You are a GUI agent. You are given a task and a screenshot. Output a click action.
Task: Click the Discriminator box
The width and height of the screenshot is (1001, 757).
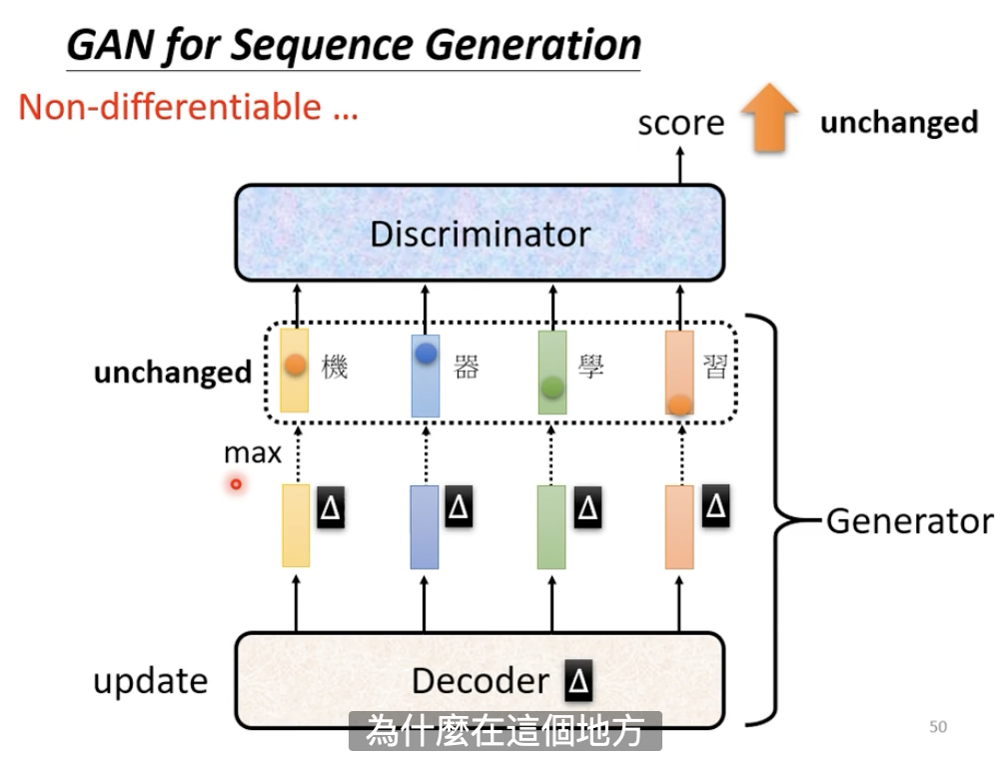(x=480, y=233)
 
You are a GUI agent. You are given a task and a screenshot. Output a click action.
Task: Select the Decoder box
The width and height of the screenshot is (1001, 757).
(x=480, y=680)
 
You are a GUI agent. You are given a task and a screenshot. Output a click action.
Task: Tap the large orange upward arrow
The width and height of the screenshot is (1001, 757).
(x=769, y=118)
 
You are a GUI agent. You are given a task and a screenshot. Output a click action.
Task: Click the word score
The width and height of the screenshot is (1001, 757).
(x=681, y=123)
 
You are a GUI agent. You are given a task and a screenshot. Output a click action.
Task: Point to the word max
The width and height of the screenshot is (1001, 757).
(x=253, y=453)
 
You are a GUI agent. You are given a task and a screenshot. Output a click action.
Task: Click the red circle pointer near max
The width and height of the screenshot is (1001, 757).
(x=236, y=484)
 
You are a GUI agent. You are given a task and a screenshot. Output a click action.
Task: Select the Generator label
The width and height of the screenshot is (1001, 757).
(x=910, y=521)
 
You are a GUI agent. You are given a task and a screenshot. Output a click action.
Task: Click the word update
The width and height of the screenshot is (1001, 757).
(x=151, y=682)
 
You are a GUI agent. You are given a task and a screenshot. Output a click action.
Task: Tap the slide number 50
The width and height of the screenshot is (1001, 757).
(x=938, y=726)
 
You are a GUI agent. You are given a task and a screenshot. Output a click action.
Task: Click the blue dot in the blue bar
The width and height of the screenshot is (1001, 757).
(x=426, y=353)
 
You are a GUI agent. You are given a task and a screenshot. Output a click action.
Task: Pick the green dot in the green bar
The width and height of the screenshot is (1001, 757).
(x=552, y=386)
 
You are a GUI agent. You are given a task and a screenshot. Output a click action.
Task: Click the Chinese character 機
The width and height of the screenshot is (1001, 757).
(x=335, y=367)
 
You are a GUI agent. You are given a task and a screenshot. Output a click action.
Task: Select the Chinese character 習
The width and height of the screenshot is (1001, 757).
(x=715, y=367)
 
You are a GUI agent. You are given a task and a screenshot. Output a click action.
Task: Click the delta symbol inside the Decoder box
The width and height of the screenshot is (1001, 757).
(x=578, y=680)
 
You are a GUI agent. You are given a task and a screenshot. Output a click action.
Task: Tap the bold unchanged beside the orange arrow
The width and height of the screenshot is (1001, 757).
(x=899, y=122)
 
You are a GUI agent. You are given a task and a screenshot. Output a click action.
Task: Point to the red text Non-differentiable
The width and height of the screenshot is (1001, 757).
(x=170, y=107)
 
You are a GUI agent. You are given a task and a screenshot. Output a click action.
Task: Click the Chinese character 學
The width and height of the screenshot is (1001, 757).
(x=590, y=367)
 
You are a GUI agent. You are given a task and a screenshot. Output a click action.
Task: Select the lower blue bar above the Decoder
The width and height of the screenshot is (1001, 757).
(x=424, y=526)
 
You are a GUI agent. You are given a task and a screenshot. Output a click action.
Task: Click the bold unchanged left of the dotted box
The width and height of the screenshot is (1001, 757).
(x=173, y=373)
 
